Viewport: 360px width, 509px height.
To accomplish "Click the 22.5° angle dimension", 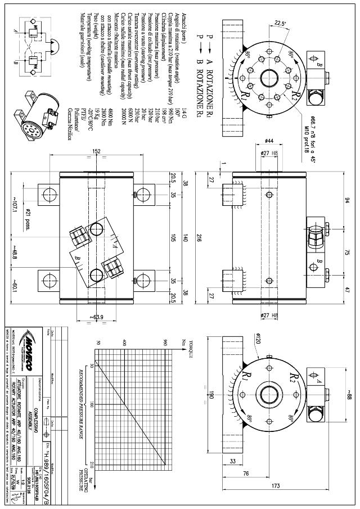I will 279,23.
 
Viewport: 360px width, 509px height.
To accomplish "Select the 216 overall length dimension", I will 199,238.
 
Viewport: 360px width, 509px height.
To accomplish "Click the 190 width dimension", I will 211,396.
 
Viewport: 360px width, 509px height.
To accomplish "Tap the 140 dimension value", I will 183,238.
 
